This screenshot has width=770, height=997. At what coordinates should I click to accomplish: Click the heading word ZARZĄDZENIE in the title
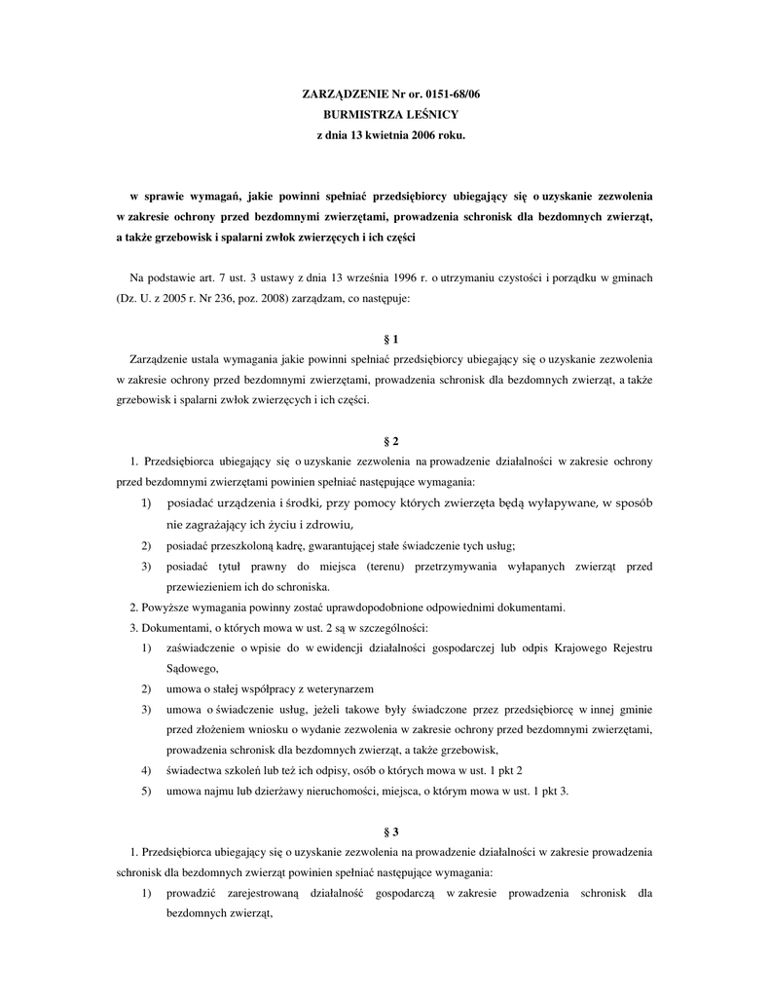pyautogui.click(x=346, y=93)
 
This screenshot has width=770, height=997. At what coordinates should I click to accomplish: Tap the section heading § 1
pyautogui.click(x=392, y=339)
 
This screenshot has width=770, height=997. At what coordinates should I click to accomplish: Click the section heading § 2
pyautogui.click(x=392, y=440)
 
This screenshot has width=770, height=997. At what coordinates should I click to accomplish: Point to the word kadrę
pyautogui.click(x=294, y=545)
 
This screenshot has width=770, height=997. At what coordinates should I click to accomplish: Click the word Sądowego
pyautogui.click(x=193, y=668)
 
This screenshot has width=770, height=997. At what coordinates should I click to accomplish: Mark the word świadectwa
pyautogui.click(x=195, y=770)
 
